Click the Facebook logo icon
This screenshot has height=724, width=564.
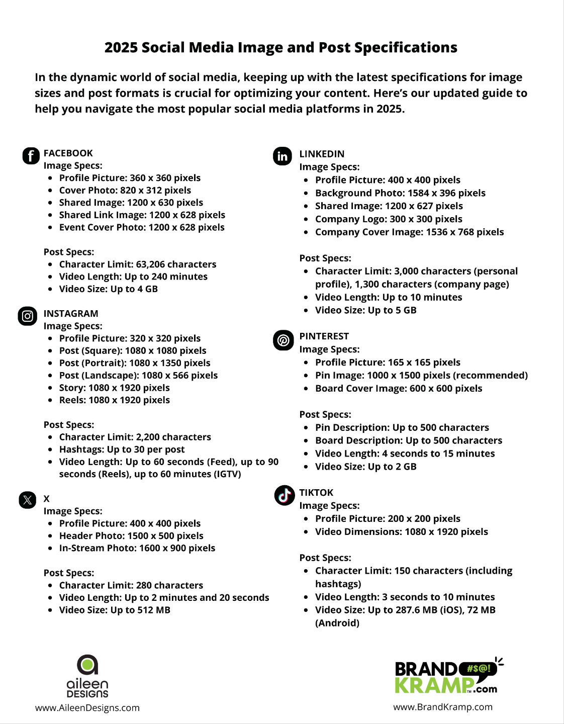coord(31,156)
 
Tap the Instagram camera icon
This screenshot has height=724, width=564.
coord(28,316)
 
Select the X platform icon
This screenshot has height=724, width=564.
coord(28,500)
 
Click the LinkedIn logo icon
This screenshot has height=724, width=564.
coord(283,156)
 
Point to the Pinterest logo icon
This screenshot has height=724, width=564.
coord(283,340)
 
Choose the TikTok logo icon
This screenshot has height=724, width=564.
coord(284,495)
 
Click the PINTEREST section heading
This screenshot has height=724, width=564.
coord(324,336)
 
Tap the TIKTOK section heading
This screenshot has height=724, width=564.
coord(316,493)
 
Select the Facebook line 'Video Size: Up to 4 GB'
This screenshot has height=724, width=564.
coord(108,289)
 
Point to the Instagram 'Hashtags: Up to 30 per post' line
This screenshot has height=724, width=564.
coord(122,449)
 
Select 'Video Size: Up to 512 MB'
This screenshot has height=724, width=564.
coord(115,610)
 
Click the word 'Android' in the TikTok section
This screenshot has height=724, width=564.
coord(337,623)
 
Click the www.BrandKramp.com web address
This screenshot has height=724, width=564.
coord(443,707)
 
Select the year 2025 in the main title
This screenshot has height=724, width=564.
coord(121,47)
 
